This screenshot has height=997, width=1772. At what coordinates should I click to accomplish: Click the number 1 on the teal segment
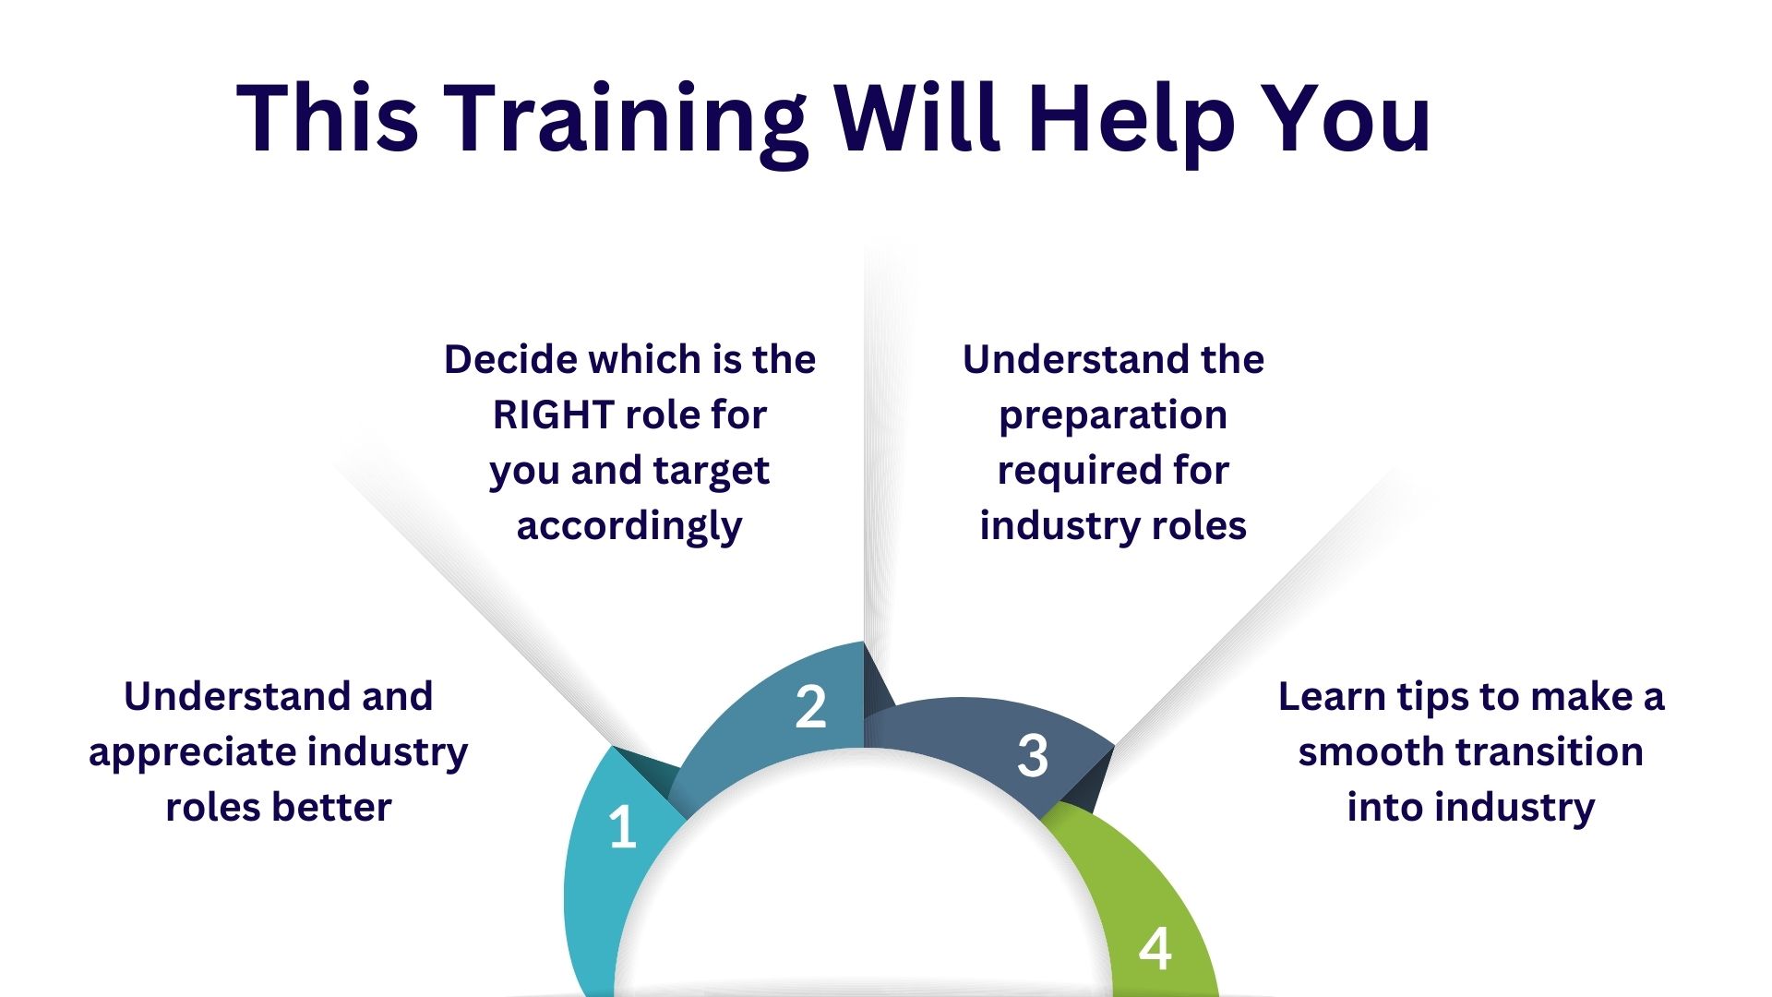[623, 827]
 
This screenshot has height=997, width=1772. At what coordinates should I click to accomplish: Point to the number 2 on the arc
[810, 707]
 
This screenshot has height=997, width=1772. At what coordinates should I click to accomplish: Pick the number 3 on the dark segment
[1033, 755]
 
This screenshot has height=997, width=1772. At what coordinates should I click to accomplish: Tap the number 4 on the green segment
[1155, 949]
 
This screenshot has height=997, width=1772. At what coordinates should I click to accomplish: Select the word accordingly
[629, 528]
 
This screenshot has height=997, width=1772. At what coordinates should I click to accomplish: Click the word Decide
[511, 359]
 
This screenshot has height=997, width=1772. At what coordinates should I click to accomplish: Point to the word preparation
[1113, 417]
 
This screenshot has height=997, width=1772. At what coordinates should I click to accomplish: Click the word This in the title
[328, 118]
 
